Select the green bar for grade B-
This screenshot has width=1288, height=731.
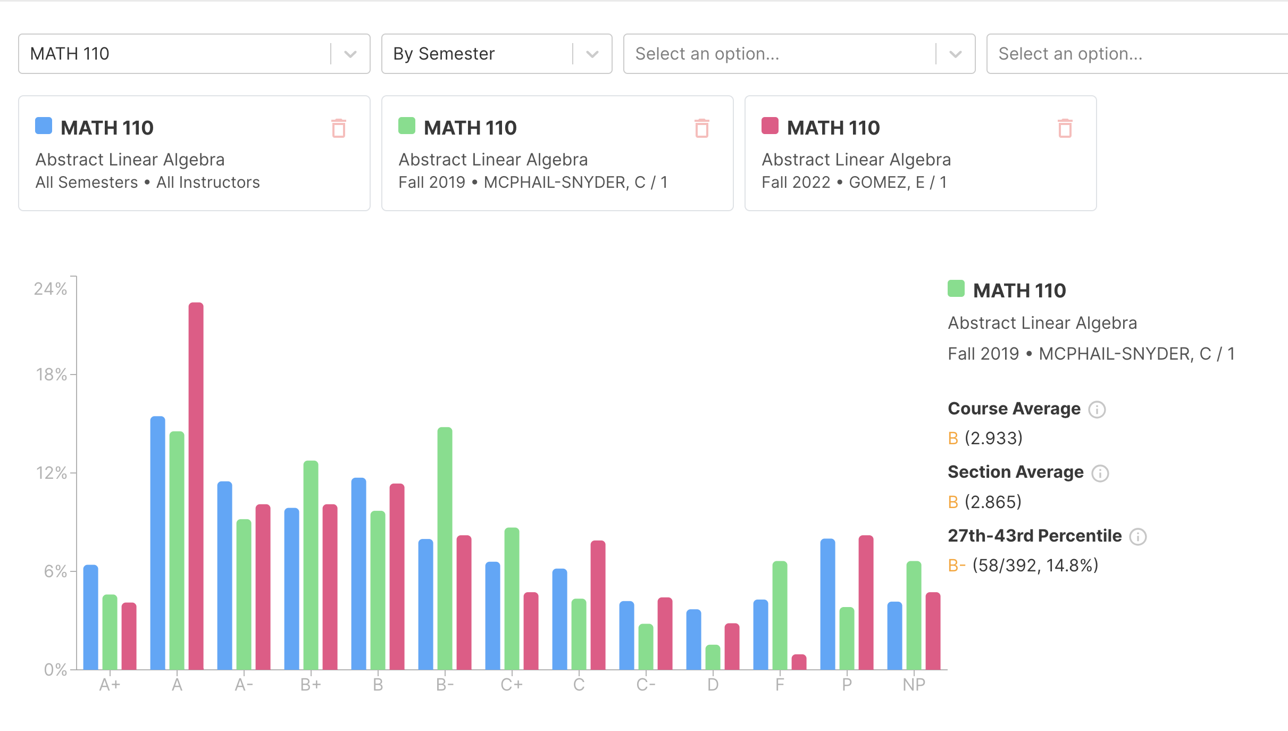click(x=445, y=548)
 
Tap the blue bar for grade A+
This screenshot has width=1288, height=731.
click(x=91, y=617)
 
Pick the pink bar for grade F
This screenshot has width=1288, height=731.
click(x=799, y=662)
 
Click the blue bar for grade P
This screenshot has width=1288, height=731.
click(x=827, y=604)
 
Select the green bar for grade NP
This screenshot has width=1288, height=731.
click(x=914, y=615)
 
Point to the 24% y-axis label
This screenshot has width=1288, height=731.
click(x=51, y=289)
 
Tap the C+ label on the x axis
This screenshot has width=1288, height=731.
click(x=512, y=685)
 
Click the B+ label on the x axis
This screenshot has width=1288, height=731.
click(x=311, y=685)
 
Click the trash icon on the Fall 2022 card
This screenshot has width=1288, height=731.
click(x=1065, y=128)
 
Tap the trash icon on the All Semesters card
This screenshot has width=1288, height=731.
click(x=339, y=128)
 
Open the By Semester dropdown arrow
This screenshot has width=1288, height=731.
click(x=592, y=54)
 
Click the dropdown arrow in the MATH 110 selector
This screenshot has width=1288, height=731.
click(x=350, y=54)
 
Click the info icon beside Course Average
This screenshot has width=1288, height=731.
click(x=1097, y=409)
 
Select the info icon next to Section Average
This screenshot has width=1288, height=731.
click(x=1100, y=473)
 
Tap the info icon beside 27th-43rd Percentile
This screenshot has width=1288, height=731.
click(x=1138, y=536)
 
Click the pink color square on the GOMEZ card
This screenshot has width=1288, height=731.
click(x=770, y=126)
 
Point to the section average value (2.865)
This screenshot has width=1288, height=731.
click(x=993, y=502)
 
